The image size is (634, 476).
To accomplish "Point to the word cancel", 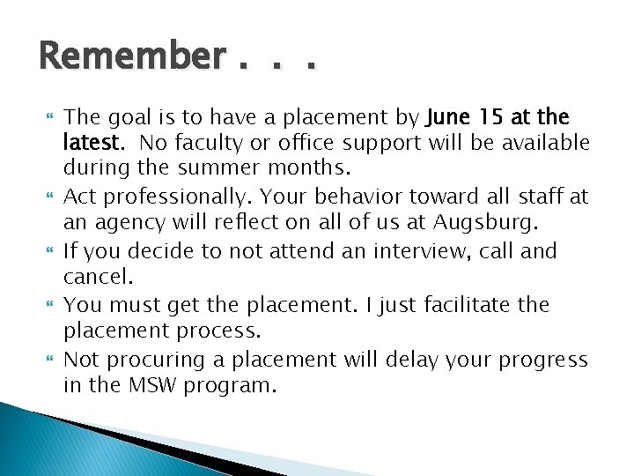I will click(96, 278).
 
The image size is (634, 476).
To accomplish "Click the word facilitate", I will click(469, 305).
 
